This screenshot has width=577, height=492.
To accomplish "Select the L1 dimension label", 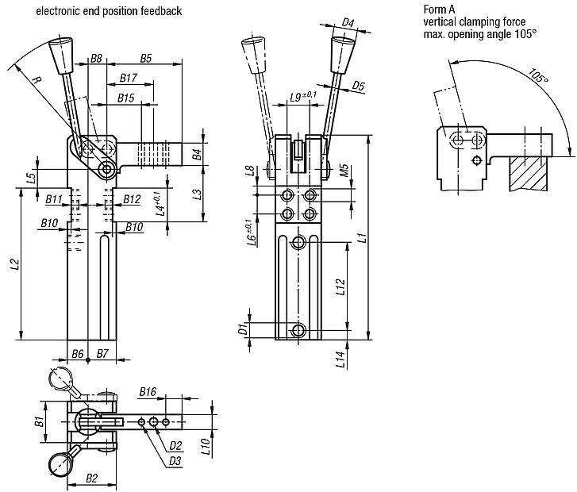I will coord(360,236).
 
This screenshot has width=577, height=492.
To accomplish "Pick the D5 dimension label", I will coord(358,85).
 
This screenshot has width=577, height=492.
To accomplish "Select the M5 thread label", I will coord(344,171).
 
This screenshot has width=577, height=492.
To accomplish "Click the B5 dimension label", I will coord(146,58).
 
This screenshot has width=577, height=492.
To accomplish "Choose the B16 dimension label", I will coord(148,391).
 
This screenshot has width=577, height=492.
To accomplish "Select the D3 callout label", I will coord(174,461).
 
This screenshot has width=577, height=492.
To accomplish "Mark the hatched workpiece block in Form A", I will coord(529,172).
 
